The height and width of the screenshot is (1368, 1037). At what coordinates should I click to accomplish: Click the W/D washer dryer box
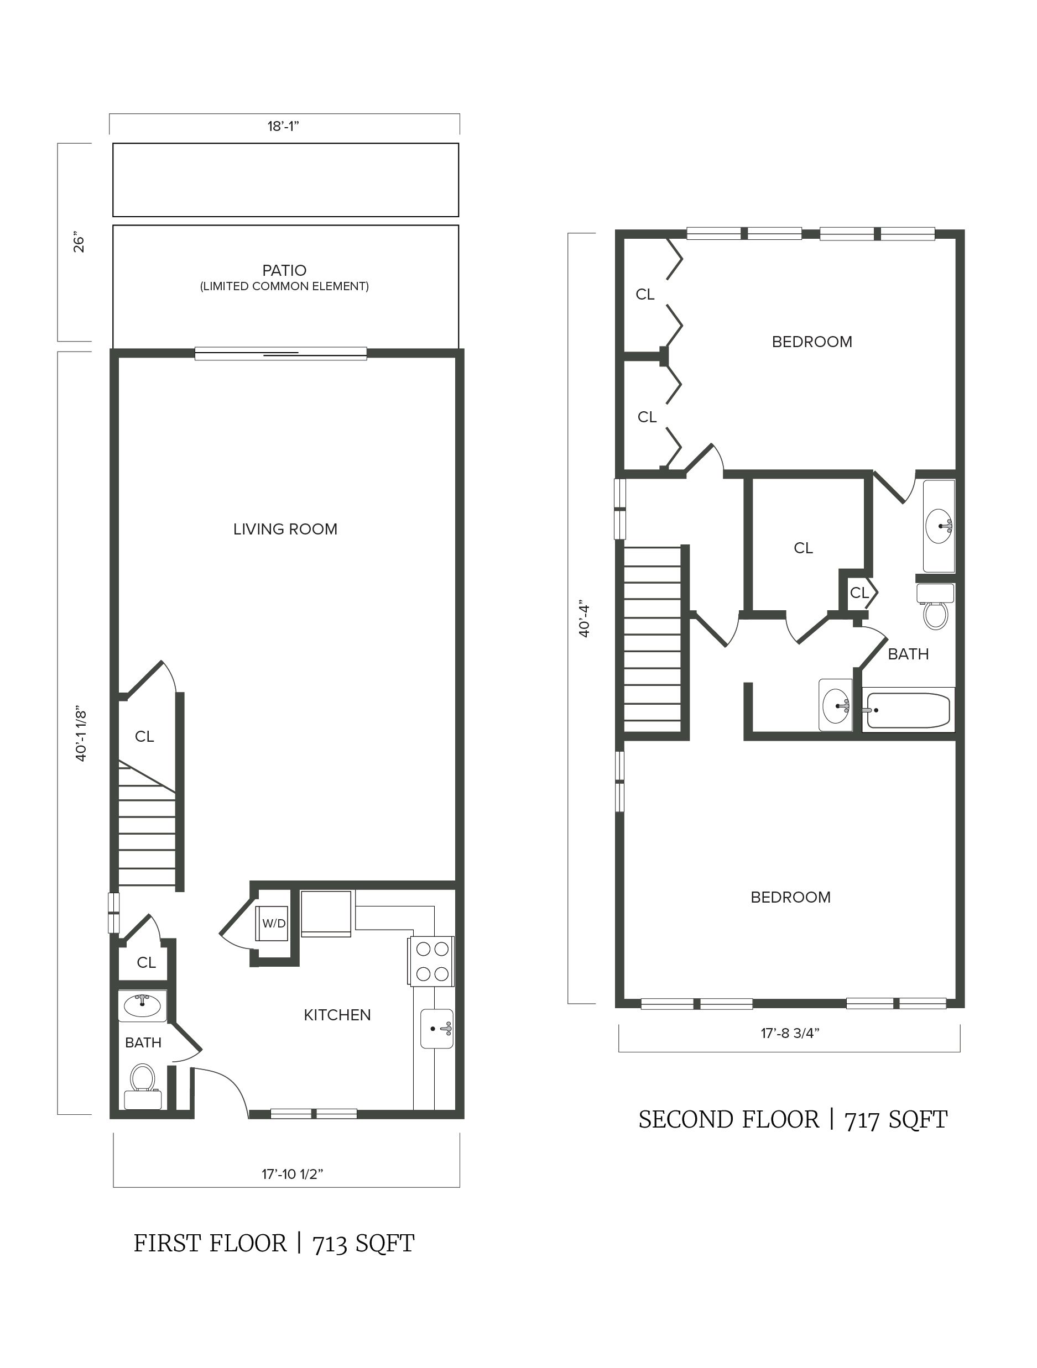pos(273,924)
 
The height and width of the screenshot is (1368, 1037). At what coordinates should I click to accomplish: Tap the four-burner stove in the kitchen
pos(431,962)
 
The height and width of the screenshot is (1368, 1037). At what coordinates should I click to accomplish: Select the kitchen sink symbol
pos(437,1029)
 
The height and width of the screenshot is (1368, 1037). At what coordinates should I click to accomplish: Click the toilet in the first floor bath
pos(142,1086)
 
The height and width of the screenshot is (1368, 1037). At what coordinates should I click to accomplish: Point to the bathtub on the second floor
pos(908,710)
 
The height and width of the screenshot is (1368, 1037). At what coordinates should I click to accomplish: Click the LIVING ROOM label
pos(285,530)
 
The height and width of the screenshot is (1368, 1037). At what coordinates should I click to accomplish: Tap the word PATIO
pos(284,270)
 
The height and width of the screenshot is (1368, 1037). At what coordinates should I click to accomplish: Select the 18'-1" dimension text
pos(283,127)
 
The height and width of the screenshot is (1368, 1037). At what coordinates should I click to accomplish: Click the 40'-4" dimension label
pos(583,618)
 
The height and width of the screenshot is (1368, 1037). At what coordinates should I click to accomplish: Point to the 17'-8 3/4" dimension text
pos(790,1033)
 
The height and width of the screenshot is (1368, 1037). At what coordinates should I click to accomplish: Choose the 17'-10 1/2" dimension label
pos(292,1174)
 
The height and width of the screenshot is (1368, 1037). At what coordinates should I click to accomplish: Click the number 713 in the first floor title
pos(329,1244)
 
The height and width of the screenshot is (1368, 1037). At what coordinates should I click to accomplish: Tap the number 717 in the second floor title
pos(862,1120)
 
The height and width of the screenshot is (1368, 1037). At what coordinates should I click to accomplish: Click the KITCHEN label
pos(337,1015)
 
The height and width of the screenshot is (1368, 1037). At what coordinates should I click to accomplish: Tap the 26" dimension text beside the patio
pos(79,243)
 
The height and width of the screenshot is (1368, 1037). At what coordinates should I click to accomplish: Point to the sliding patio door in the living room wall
pos(280,354)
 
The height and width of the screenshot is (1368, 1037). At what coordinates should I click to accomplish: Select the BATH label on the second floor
pos(908,654)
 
